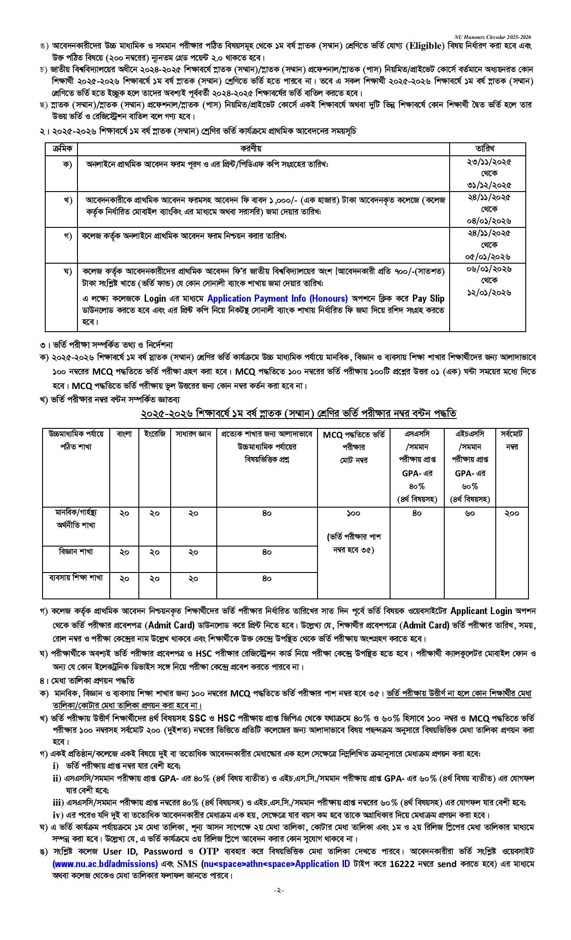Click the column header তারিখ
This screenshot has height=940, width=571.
point(488,149)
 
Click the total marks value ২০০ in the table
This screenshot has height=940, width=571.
point(512,513)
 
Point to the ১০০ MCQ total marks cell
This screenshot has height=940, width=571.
point(353,513)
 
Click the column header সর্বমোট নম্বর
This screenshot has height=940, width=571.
point(512,440)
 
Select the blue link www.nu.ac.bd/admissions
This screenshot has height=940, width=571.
point(105,863)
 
